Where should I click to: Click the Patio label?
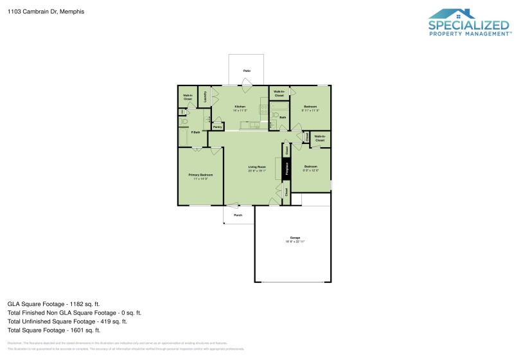coord(247,70)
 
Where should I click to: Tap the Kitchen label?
coord(240,105)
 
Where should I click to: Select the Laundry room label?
coord(205,96)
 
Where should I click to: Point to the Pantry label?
coord(217,127)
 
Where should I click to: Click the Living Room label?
coord(257,168)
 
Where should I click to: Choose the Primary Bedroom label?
coord(200,175)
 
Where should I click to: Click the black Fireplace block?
coord(287,169)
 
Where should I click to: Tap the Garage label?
coord(294,238)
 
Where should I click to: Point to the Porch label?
coord(238,215)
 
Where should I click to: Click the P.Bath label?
coord(195,132)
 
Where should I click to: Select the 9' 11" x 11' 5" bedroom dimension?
coord(310,110)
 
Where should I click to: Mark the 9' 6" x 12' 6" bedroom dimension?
coord(310,170)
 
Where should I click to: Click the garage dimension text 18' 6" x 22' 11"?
coord(294,242)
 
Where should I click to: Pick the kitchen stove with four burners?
coord(263,107)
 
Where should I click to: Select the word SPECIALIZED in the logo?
coord(469,26)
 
